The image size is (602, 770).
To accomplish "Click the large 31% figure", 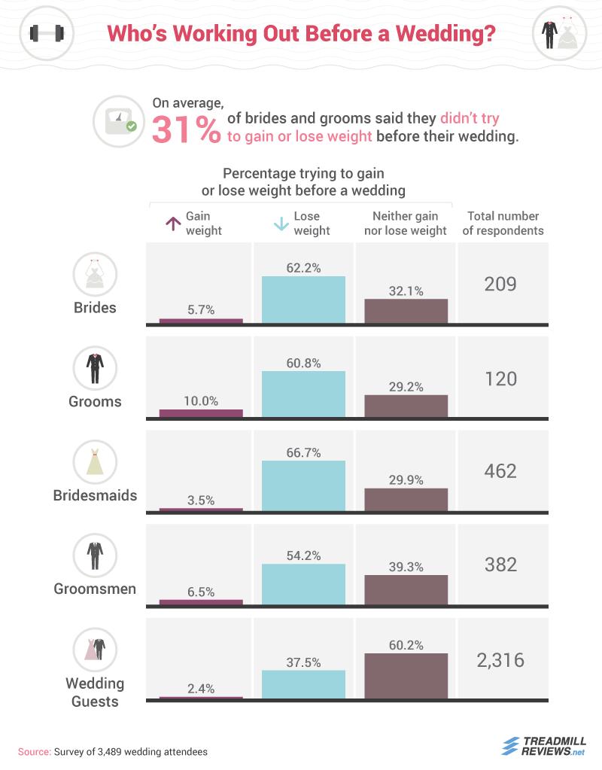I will (186, 129).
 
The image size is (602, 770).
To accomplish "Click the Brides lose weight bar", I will (303, 300).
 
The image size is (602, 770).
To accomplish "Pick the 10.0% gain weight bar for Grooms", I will (201, 413).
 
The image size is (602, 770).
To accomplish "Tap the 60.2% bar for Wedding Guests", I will (406, 675).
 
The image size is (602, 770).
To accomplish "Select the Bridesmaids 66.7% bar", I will (303, 485).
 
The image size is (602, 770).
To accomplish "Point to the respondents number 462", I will (500, 471).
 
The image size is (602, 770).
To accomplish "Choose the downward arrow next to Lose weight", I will (280, 223).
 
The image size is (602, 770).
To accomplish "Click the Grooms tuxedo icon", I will (96, 367).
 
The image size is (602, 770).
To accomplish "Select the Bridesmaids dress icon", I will (96, 462).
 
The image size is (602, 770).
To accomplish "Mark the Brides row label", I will (96, 307).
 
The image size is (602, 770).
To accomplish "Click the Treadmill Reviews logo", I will (543, 744).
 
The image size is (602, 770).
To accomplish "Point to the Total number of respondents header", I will (503, 224).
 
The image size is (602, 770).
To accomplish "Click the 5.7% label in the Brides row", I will (201, 308).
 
